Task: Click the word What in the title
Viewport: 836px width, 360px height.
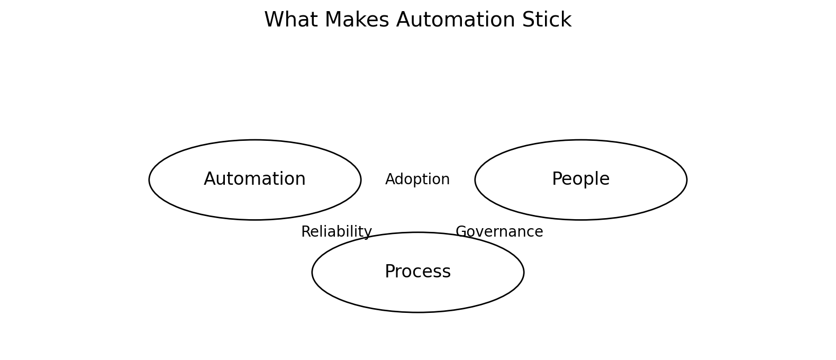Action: (x=286, y=21)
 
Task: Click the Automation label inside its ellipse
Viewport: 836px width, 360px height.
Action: (x=255, y=179)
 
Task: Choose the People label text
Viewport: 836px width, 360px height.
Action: (x=580, y=179)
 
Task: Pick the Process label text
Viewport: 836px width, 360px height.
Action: (x=417, y=272)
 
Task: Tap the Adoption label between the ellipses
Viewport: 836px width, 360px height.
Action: (x=417, y=180)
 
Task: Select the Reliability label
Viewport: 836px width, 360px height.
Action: (x=337, y=232)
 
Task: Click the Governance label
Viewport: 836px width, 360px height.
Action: (x=499, y=232)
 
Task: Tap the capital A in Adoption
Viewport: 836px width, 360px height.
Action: (x=390, y=180)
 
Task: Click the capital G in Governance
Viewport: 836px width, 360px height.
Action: (x=461, y=232)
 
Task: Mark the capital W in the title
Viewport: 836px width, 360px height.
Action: (x=274, y=21)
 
